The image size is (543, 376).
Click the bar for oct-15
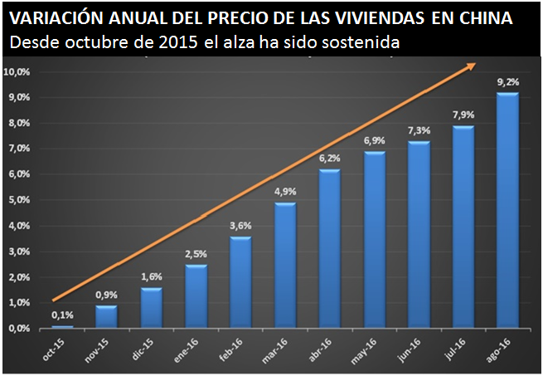pos(62,326)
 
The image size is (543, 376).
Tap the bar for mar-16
pos(284,266)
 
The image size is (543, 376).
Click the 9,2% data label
pos(507,82)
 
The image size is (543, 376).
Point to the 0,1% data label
pos(62,315)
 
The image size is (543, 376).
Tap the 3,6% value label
pos(240,226)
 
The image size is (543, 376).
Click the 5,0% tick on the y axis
pos(18,200)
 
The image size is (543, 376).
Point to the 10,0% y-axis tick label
pos(18,72)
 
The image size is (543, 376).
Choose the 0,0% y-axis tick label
pos(18,329)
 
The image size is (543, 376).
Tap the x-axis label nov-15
pos(100,348)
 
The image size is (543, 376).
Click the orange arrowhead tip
pos(476,64)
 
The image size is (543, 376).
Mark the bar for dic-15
pos(152,308)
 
